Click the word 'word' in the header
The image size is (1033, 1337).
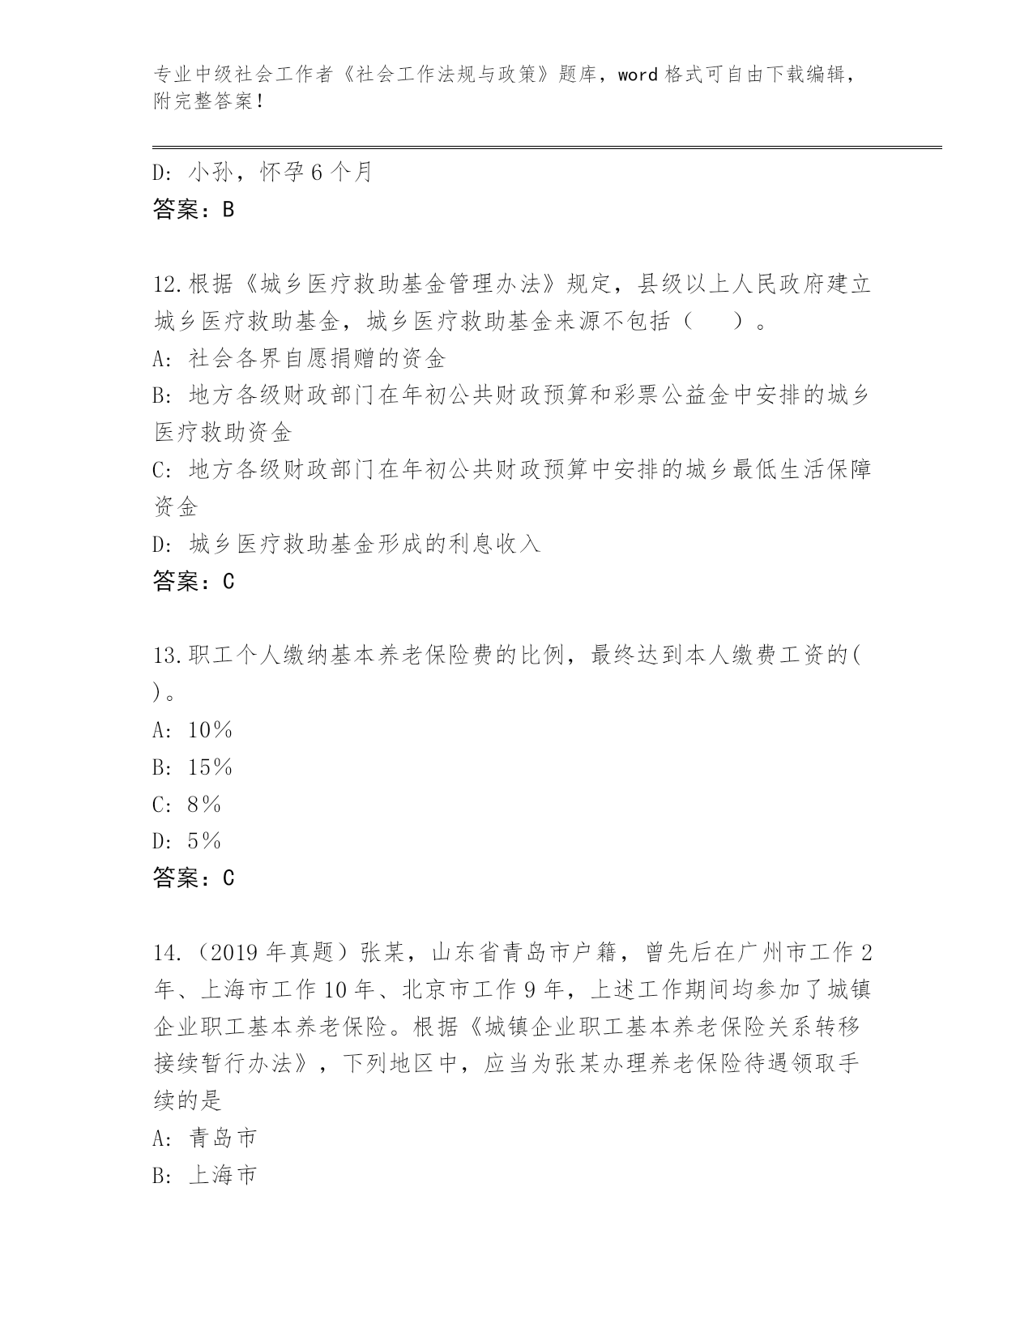point(638,75)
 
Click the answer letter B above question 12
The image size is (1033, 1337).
point(228,210)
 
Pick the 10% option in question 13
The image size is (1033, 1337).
point(210,730)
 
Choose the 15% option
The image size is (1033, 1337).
point(210,767)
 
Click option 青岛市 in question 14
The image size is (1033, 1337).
point(223,1138)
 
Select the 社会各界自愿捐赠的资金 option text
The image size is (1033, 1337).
point(317,358)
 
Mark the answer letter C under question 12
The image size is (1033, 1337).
point(228,581)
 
